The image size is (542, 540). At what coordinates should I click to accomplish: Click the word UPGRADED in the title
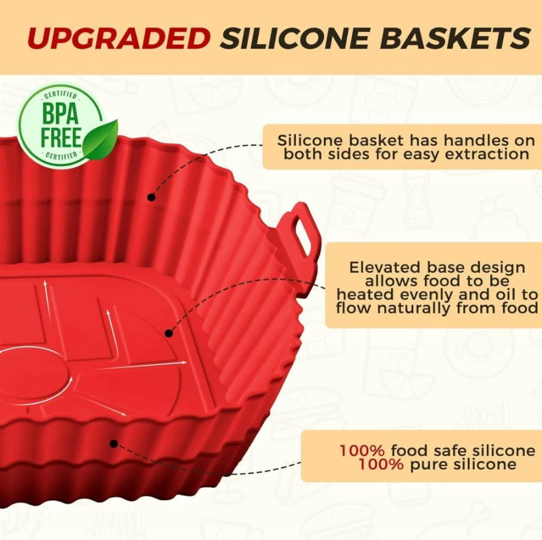coord(119,38)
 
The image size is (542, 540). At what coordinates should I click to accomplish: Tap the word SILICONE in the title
coord(295,38)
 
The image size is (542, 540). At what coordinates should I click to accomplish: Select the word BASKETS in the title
coord(455,38)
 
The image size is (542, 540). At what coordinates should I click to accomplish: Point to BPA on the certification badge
coord(60,114)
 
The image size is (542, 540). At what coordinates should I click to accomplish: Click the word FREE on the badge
coord(61,137)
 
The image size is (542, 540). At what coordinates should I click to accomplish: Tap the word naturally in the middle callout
coord(414,308)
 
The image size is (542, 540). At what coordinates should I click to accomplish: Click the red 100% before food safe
coord(362,450)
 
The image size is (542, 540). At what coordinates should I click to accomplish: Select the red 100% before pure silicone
coord(381,464)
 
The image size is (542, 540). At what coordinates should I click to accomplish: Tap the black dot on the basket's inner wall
coord(152,197)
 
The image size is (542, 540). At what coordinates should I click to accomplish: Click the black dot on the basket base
coord(168,333)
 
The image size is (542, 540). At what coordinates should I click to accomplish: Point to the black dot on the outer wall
coord(114,444)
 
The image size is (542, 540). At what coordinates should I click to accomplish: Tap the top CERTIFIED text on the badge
coord(60,96)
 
